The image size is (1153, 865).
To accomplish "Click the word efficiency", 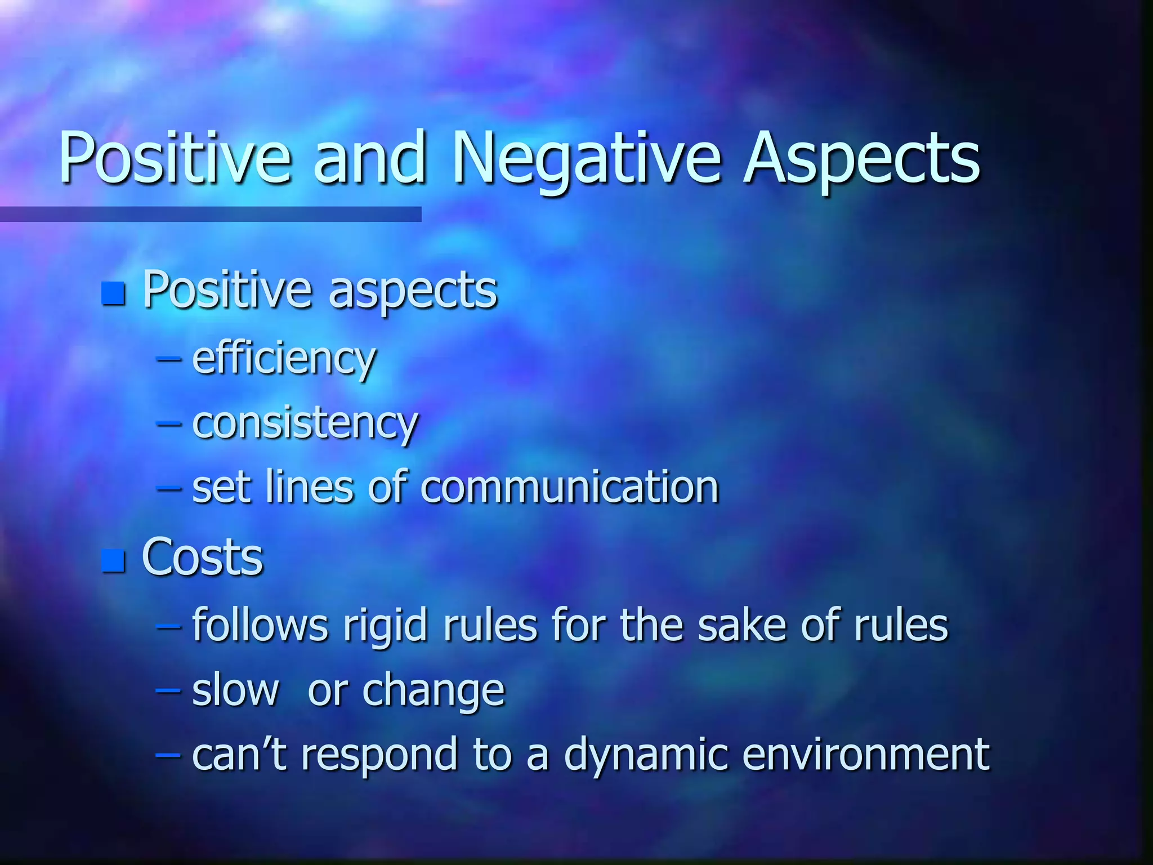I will tap(284, 359).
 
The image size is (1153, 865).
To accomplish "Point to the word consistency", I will tap(305, 423).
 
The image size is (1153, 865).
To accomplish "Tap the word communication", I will tap(569, 487).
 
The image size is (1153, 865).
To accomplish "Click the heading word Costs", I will tap(202, 558).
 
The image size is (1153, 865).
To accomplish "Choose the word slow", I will tap(235, 690).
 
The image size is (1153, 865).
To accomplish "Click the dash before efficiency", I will tap(168, 359).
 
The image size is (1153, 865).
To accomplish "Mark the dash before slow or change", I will tap(168, 690).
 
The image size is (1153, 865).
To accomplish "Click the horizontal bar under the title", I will tap(211, 214).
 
